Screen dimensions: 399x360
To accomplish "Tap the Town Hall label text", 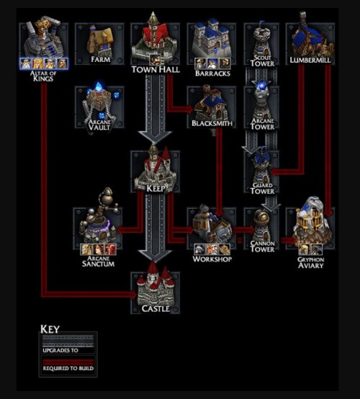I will point(156,70).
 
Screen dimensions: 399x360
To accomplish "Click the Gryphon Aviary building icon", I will point(310,223).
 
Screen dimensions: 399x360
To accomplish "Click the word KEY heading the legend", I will point(50,330).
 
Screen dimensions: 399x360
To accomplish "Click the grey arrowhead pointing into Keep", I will point(156,137).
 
